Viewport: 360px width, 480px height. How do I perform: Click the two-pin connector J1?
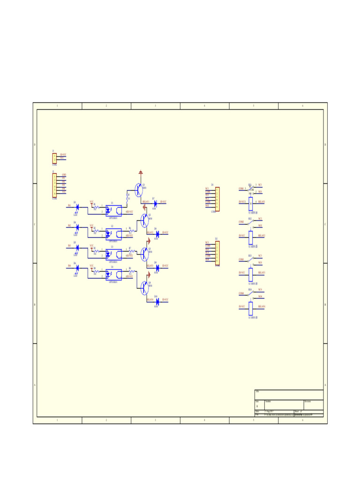[x=54, y=158]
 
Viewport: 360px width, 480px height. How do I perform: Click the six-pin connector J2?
[x=54, y=185]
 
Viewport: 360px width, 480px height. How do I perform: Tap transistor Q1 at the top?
[x=138, y=190]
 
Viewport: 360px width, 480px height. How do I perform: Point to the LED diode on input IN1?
[x=77, y=206]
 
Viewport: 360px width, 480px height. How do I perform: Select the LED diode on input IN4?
[x=77, y=267]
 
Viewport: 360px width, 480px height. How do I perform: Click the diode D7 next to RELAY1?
[x=155, y=203]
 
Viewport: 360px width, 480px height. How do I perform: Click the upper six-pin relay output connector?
[x=217, y=199]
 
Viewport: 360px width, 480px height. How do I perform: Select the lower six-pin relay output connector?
[x=217, y=254]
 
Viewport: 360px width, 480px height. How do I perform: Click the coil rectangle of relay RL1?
[x=251, y=202]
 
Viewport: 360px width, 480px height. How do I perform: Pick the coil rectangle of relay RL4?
[x=251, y=308]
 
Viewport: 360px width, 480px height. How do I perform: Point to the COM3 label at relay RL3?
[x=241, y=260]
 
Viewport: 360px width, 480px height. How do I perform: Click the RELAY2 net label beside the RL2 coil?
[x=261, y=235]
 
